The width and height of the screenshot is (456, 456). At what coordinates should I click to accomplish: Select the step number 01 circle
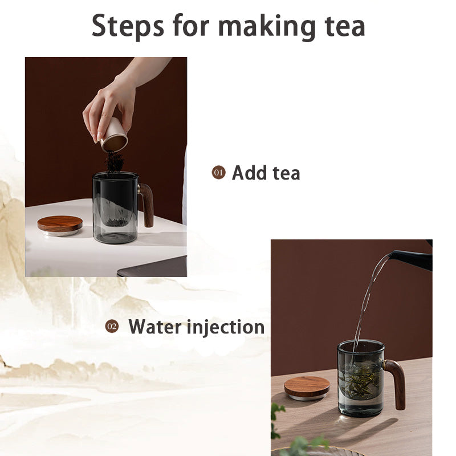[x=218, y=172]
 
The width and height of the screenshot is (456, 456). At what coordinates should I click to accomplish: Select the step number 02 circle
[x=112, y=327]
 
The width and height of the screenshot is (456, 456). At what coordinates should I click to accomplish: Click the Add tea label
[x=266, y=173]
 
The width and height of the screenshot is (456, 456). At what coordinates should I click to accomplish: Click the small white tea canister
[x=115, y=135]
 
